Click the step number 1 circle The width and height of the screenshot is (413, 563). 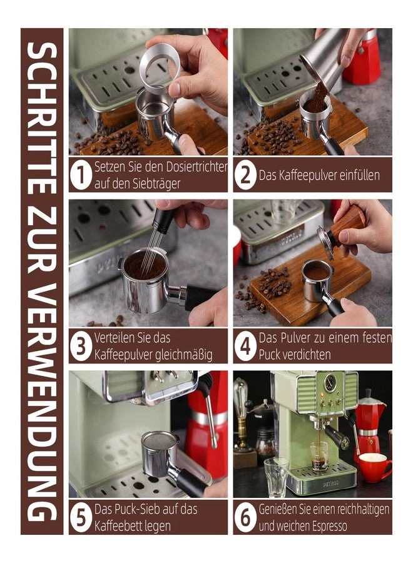(x=81, y=175)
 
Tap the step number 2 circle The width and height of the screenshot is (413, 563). (x=246, y=175)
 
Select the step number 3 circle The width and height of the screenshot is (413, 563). (x=81, y=346)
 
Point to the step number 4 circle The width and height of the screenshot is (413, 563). (x=246, y=346)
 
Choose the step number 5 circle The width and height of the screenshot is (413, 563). (x=81, y=517)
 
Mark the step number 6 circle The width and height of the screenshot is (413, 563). (x=246, y=517)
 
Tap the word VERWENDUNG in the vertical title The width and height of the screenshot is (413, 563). (x=41, y=400)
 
